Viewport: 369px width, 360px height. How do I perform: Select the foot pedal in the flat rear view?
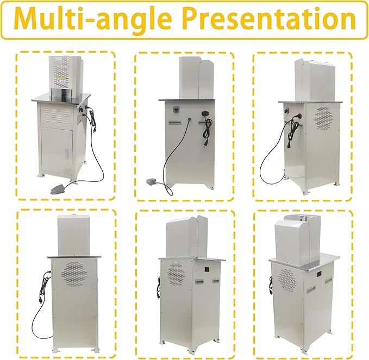153,181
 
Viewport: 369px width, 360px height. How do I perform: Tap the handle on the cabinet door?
67,153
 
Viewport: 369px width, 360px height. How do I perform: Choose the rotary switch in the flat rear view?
176,109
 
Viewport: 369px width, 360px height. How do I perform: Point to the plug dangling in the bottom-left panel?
40,299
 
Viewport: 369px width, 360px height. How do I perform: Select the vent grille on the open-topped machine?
286,279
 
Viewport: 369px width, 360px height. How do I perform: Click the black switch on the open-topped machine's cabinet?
320,274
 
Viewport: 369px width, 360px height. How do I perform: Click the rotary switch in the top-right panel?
287,111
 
